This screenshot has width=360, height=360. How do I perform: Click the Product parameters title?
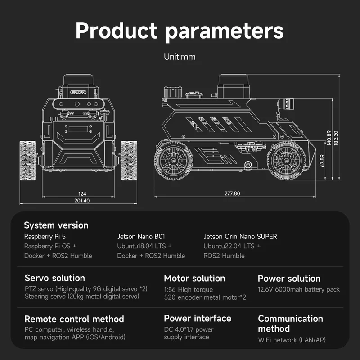180,31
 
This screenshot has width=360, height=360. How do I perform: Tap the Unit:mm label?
180,57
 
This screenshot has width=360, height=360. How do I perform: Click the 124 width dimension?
82,193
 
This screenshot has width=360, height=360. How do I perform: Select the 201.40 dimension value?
82,201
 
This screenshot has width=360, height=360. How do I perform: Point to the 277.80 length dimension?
232,193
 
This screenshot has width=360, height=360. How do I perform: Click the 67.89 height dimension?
322,161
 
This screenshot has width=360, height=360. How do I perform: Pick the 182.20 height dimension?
336,138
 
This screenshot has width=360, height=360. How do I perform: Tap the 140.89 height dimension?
329,138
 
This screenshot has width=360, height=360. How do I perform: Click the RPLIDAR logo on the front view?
78,92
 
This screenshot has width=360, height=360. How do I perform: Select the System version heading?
56,225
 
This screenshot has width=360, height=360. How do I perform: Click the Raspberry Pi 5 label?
45,237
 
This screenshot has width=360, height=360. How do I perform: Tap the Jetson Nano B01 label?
141,237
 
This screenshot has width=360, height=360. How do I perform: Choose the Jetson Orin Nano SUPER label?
240,237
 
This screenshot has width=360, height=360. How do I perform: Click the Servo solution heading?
55,278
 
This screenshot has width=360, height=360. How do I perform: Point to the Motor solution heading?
194,278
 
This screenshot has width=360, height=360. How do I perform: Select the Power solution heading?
289,279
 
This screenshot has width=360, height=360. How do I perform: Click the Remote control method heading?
74,319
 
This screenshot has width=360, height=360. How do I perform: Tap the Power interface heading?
198,319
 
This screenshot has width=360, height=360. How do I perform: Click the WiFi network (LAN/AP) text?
292,340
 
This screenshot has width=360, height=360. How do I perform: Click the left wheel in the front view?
28,161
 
